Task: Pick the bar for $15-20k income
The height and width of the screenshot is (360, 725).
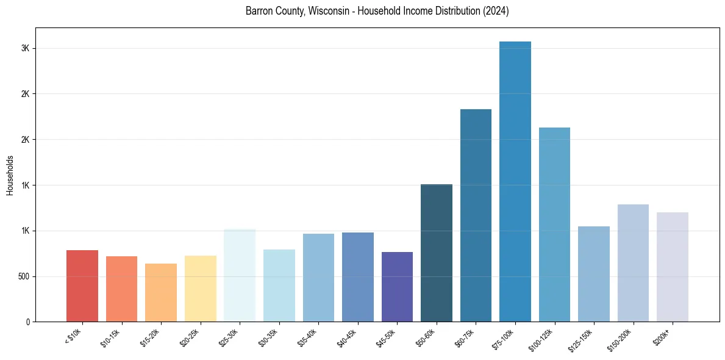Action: (161, 292)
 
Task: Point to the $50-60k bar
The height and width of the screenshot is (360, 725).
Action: (436, 253)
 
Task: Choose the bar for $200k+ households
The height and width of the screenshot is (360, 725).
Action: (672, 267)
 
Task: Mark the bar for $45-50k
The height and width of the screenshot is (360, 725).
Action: (397, 287)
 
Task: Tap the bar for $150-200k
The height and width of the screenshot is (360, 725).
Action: (633, 263)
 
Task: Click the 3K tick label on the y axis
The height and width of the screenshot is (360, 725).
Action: (26, 49)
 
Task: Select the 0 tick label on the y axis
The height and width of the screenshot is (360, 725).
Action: (28, 322)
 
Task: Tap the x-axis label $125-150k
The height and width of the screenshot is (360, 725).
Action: (582, 339)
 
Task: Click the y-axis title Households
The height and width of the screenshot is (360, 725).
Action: (10, 176)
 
